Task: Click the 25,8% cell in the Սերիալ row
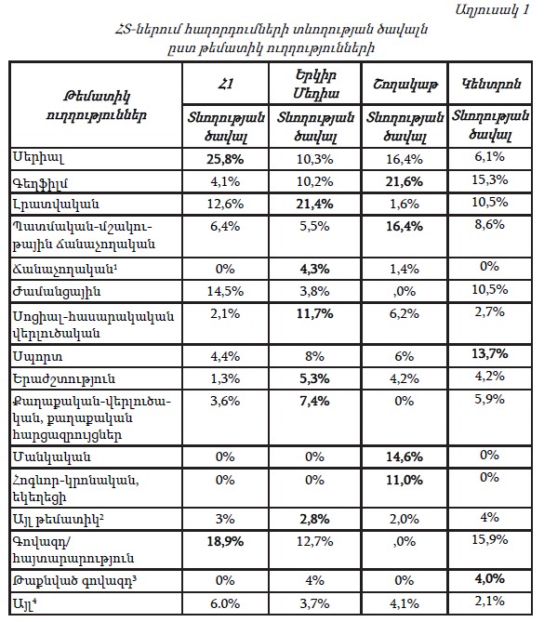click(225, 160)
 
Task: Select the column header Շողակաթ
click(405, 84)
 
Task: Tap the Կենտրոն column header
click(491, 84)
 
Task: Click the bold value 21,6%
click(405, 181)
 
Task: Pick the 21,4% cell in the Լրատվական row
click(314, 204)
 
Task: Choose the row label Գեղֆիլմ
click(41, 183)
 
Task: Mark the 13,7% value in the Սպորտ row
click(490, 353)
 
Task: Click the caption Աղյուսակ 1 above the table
click(493, 10)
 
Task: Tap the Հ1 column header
click(225, 84)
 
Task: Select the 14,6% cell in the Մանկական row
click(405, 457)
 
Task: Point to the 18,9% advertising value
click(225, 541)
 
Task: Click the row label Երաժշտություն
click(64, 378)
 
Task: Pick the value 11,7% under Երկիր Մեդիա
click(314, 313)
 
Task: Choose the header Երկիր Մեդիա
click(316, 84)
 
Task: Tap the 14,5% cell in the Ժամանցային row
click(225, 292)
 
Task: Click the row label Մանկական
click(52, 457)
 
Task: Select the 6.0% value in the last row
click(225, 603)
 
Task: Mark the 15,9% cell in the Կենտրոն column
click(490, 540)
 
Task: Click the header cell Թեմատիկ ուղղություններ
click(97, 105)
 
